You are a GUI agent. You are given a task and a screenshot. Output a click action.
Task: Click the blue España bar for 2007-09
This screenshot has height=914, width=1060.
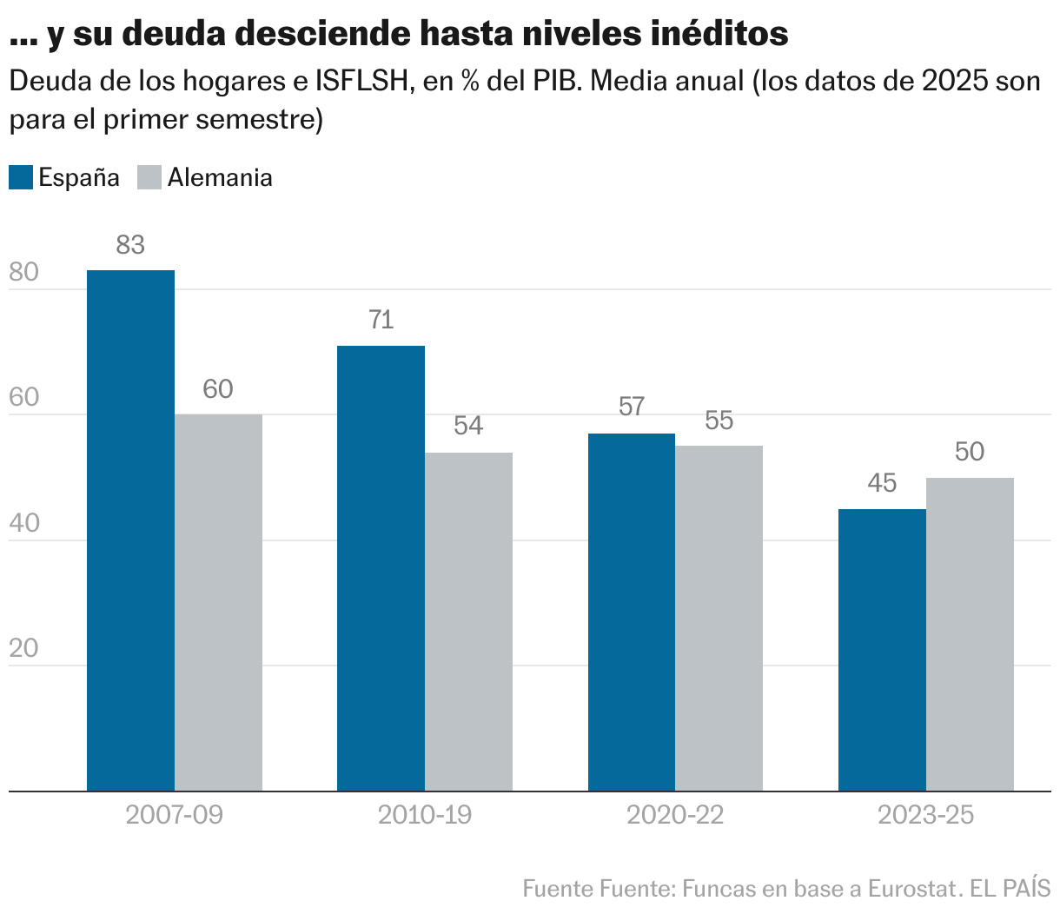[x=130, y=530]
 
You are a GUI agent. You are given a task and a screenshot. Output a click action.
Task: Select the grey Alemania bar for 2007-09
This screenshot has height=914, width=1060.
[x=218, y=602]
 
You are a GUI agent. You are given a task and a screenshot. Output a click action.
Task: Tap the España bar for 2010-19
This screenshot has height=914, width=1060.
[x=381, y=568]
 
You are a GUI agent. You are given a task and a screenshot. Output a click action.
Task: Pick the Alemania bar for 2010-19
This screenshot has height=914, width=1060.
[x=468, y=621]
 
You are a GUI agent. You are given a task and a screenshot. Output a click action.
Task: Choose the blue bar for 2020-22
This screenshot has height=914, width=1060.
[x=631, y=612]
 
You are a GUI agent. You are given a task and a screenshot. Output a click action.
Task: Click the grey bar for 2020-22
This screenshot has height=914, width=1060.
[x=719, y=618]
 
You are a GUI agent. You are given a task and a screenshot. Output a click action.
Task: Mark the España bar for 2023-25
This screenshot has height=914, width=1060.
[x=882, y=650]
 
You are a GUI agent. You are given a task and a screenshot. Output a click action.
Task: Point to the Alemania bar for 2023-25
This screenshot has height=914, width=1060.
[x=970, y=634]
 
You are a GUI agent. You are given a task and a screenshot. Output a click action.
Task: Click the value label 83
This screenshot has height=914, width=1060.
[x=130, y=245]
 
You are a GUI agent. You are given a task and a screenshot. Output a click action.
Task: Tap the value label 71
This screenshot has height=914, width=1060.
[x=381, y=320]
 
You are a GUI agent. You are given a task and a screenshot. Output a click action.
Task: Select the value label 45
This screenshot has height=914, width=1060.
[x=882, y=483]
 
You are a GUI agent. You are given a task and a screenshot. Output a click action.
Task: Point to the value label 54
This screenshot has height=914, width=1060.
[x=468, y=426]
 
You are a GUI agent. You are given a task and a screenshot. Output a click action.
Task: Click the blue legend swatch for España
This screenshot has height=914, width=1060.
[x=21, y=177]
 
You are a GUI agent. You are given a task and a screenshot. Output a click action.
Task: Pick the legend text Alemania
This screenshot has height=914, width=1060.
[x=220, y=177]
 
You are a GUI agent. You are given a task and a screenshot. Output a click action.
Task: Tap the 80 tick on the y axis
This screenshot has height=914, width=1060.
[x=23, y=273]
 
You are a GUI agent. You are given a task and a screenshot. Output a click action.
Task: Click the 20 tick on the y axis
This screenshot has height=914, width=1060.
[x=23, y=649]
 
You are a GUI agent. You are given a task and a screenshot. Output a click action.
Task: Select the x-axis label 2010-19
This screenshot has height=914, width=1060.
[x=425, y=815]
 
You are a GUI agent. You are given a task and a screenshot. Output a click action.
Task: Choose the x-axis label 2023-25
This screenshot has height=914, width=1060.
[x=925, y=815]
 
